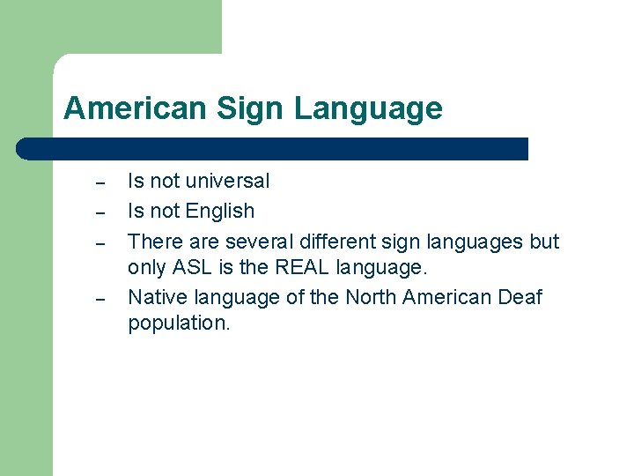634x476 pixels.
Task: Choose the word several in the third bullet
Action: point(256,242)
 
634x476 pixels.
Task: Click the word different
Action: point(335,242)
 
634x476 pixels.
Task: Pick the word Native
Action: point(155,297)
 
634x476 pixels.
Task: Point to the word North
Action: point(371,297)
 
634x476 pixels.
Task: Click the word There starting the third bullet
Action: point(153,242)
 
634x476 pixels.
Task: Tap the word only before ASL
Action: point(146,267)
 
